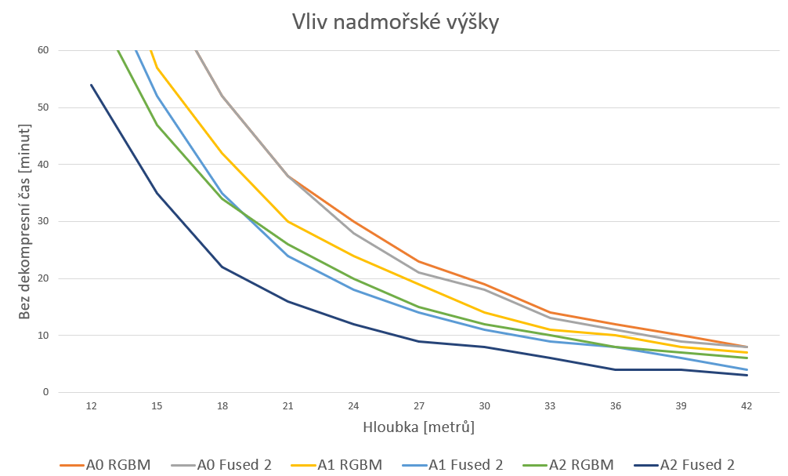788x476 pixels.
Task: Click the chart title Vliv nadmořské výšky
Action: pos(393,22)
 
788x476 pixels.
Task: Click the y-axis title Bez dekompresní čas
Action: pos(24,221)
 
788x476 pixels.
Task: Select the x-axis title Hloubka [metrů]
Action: pos(418,427)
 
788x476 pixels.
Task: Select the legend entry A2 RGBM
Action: pos(579,464)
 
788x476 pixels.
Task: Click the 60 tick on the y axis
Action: pos(42,51)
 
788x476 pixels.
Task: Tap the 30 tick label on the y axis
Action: pos(42,222)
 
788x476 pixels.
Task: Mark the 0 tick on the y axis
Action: pos(45,392)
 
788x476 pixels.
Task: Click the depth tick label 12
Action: pos(92,406)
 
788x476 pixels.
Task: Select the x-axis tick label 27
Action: pos(419,406)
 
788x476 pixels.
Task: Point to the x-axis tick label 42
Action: pos(746,406)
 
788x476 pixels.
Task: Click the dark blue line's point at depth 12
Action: pos(92,85)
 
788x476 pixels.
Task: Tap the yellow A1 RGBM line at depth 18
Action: pos(222,153)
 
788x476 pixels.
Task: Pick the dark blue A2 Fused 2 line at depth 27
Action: pos(419,341)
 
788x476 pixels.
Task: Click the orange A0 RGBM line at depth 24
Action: pos(353,221)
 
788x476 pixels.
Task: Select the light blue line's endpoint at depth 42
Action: pos(746,369)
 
